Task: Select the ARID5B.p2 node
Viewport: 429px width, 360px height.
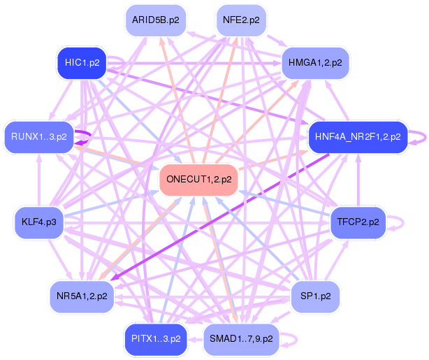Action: (x=154, y=20)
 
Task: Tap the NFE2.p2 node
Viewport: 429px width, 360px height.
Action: (x=241, y=20)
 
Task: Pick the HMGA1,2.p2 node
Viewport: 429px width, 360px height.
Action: (x=315, y=63)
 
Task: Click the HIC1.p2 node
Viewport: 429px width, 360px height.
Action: (x=82, y=63)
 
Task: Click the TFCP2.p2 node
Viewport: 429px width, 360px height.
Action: (x=358, y=222)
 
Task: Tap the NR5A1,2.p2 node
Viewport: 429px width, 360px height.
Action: (x=82, y=296)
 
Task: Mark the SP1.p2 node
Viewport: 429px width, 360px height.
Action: (x=315, y=296)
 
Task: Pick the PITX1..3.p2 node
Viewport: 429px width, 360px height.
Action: (x=156, y=339)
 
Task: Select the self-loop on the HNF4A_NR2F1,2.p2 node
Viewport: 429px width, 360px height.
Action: (x=417, y=136)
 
